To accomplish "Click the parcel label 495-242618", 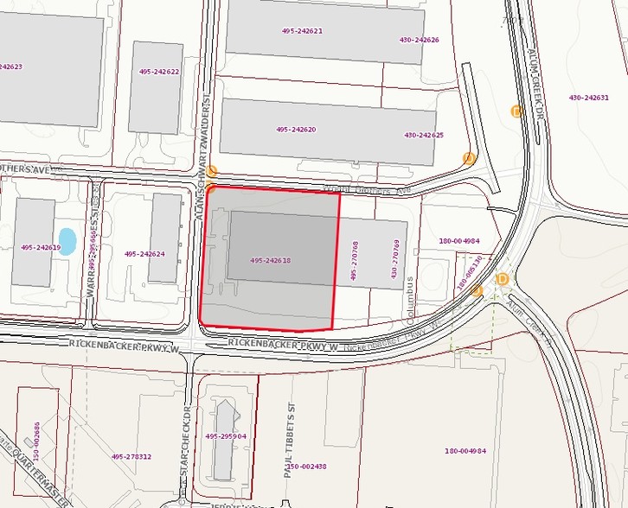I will point(270,260).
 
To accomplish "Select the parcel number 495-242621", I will point(302,31).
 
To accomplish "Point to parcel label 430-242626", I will point(419,40).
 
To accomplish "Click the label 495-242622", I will point(158,72).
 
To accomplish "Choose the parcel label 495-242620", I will point(296,130).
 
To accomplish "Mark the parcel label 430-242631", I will point(588,98).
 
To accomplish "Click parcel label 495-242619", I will point(41,247).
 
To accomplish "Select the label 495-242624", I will point(144,254).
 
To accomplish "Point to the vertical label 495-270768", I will point(355,260).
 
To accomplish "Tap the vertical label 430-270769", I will point(394,260).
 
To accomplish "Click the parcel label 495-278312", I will point(131,456).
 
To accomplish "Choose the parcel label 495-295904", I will point(226,436).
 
